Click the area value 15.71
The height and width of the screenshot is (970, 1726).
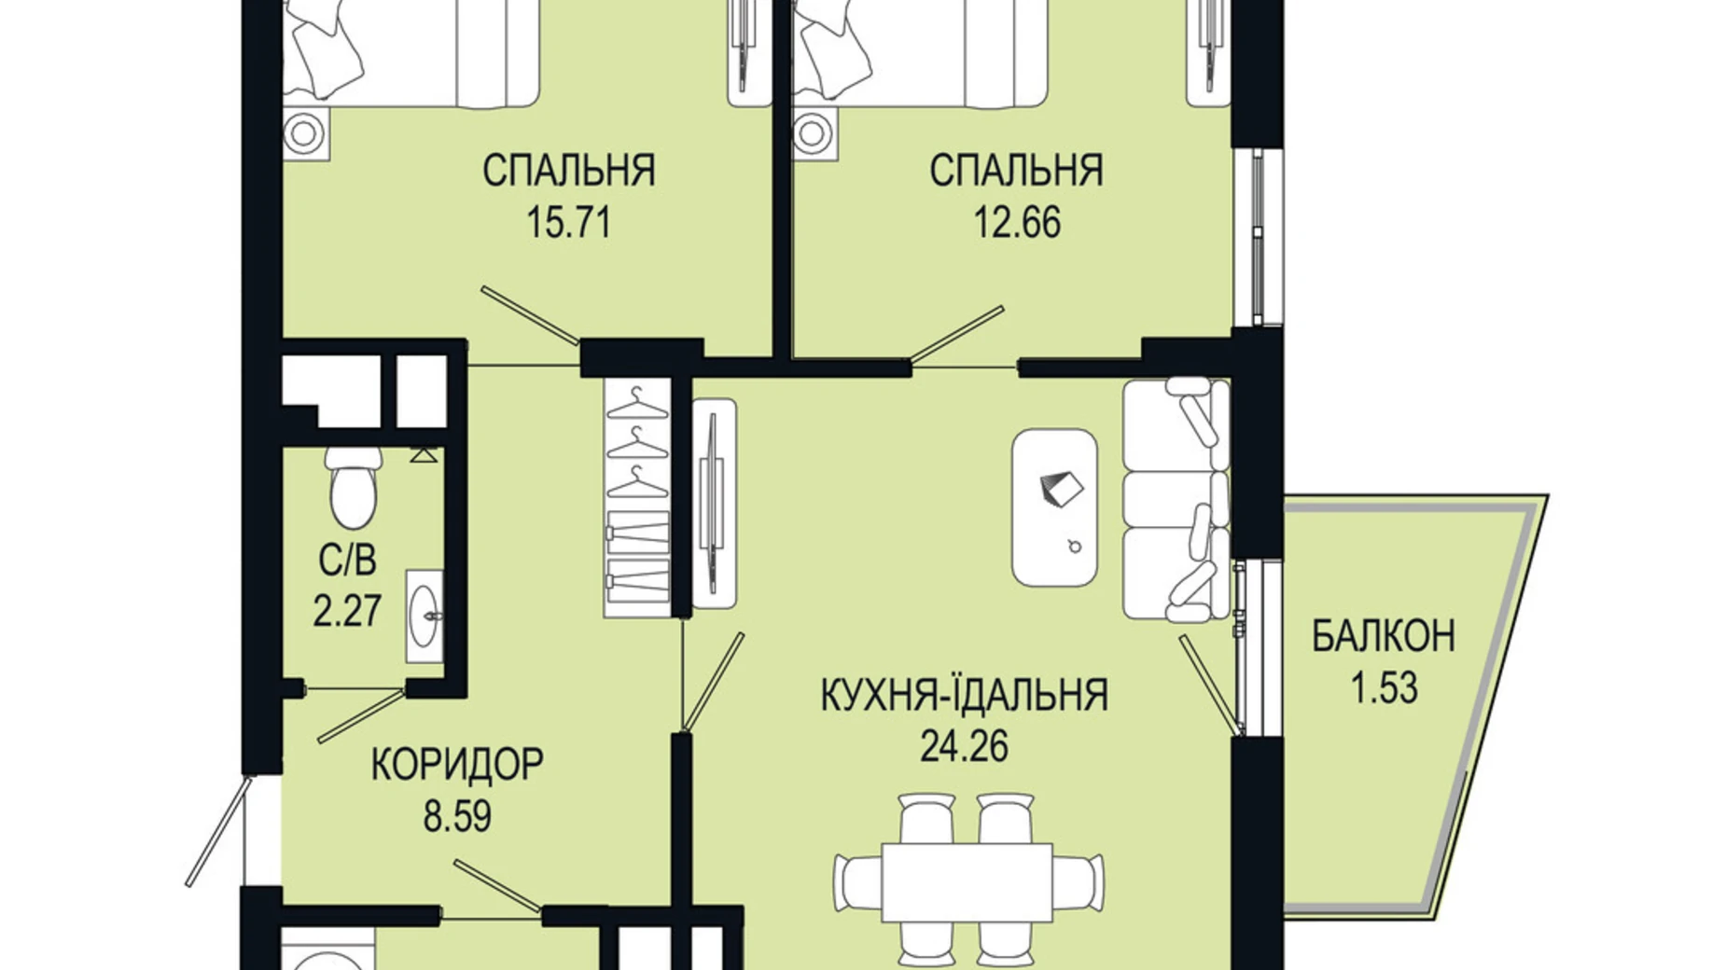coord(568,224)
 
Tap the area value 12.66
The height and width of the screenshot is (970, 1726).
coord(1017,224)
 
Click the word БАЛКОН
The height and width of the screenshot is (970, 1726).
coord(1383,637)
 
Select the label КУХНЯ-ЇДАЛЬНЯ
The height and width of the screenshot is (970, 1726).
coord(964,696)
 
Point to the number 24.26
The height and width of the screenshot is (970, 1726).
coord(964,746)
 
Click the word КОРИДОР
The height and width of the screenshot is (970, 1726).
coord(457,765)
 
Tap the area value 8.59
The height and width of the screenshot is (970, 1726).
coord(457,817)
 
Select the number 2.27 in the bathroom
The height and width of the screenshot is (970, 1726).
coord(347,613)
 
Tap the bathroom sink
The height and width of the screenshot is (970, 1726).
coord(425,617)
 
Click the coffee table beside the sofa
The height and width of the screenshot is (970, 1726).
coord(1054,507)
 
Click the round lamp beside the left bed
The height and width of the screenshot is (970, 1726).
coord(304,132)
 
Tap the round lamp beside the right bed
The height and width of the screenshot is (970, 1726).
coord(814,132)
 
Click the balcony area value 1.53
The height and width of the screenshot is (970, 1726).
coord(1384,688)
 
